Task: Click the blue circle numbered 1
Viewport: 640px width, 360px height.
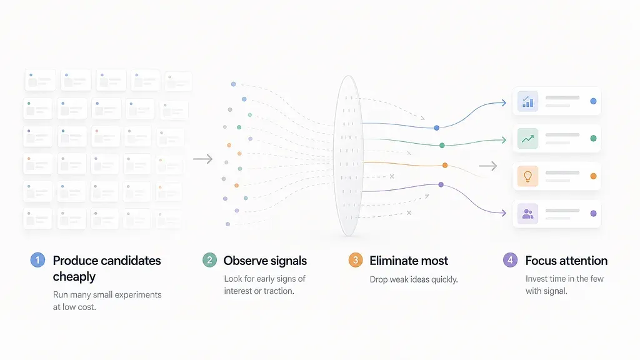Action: point(37,260)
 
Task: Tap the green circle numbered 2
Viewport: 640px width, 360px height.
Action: point(210,260)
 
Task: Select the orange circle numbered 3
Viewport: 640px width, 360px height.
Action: point(356,260)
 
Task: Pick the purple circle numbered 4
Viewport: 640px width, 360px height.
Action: point(510,260)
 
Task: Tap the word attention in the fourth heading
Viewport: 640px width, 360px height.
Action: point(582,261)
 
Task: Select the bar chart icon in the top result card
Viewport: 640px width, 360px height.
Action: point(527,101)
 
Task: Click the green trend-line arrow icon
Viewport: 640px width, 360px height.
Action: point(527,139)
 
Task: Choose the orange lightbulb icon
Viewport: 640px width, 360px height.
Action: point(527,176)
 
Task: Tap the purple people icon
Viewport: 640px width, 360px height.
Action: point(527,214)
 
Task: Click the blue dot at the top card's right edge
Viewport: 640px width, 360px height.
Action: point(594,101)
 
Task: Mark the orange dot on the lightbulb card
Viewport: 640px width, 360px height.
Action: point(594,176)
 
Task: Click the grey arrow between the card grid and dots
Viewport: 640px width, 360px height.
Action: point(203,159)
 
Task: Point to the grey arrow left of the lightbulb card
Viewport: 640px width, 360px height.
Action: point(487,166)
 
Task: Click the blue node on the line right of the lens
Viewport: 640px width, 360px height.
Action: point(437,127)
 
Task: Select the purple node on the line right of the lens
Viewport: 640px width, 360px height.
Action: point(441,184)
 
